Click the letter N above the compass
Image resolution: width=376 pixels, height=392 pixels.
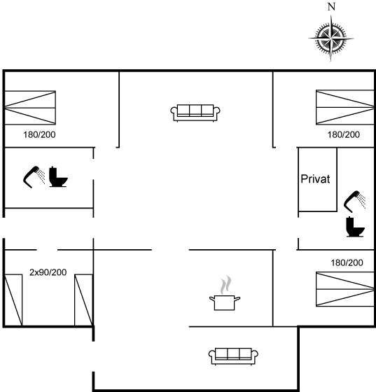point(331,7)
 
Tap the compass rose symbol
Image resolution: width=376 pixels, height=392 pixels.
point(331,38)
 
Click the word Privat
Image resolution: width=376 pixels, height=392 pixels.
point(315,179)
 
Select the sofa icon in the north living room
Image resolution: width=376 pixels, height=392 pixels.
point(195,113)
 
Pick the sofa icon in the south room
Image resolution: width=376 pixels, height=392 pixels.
point(233,356)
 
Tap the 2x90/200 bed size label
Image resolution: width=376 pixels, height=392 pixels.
point(48,272)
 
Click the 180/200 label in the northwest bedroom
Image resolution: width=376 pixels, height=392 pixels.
point(39,134)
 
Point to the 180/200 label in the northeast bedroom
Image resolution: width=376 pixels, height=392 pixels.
point(344,134)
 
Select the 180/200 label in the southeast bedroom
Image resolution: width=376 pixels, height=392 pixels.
point(347,262)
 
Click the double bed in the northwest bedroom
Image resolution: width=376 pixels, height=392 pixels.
point(30,108)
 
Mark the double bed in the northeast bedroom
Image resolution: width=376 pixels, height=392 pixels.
point(345,107)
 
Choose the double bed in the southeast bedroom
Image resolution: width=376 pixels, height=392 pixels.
point(345,289)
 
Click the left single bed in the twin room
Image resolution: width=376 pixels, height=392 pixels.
point(13,300)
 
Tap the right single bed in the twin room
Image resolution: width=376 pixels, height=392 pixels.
point(84,300)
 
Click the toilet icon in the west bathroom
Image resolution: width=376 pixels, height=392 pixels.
point(58,176)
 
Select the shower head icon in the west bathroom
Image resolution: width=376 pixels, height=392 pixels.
point(34,176)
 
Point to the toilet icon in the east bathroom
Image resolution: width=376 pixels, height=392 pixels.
point(355,227)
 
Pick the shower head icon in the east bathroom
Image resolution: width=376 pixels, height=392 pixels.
point(355,202)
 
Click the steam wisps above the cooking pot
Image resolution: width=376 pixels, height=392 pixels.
point(225,285)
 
